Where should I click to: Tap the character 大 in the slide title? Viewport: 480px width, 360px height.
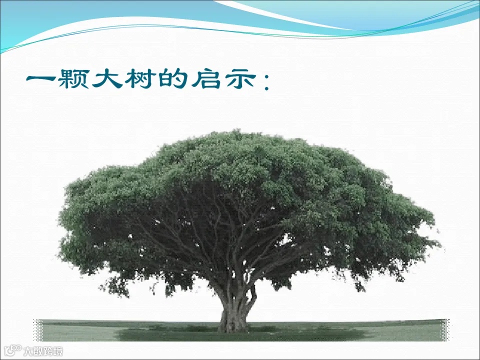coord(108,79)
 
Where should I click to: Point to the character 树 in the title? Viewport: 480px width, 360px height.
coord(141,79)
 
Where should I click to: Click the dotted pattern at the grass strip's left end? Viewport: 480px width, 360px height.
coord(38,330)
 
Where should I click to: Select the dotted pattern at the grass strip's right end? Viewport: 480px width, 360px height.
coord(446,330)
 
